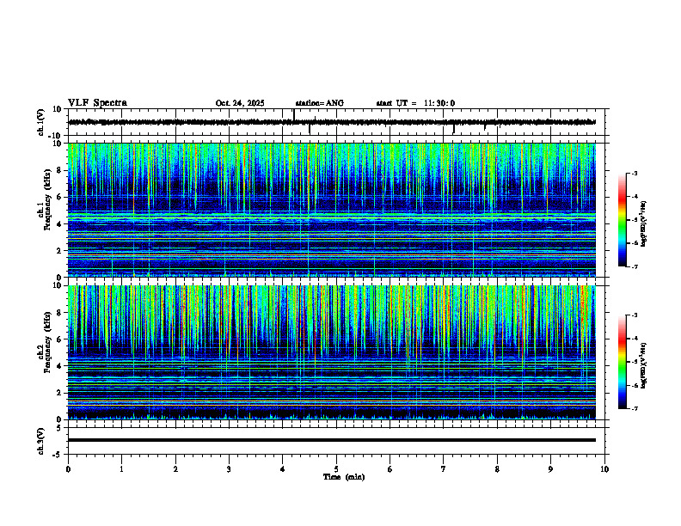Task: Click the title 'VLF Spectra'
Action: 97,103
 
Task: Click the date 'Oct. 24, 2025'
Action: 240,103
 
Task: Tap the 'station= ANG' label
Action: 319,103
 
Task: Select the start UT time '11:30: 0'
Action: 439,103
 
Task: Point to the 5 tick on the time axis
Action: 336,469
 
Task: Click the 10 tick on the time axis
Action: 604,469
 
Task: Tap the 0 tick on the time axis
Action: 68,469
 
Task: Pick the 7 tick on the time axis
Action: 444,469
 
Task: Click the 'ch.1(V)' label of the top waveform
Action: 41,123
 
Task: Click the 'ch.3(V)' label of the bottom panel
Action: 41,440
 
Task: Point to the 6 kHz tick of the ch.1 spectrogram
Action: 58,198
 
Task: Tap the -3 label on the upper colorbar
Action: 635,174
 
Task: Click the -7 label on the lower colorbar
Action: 635,409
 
